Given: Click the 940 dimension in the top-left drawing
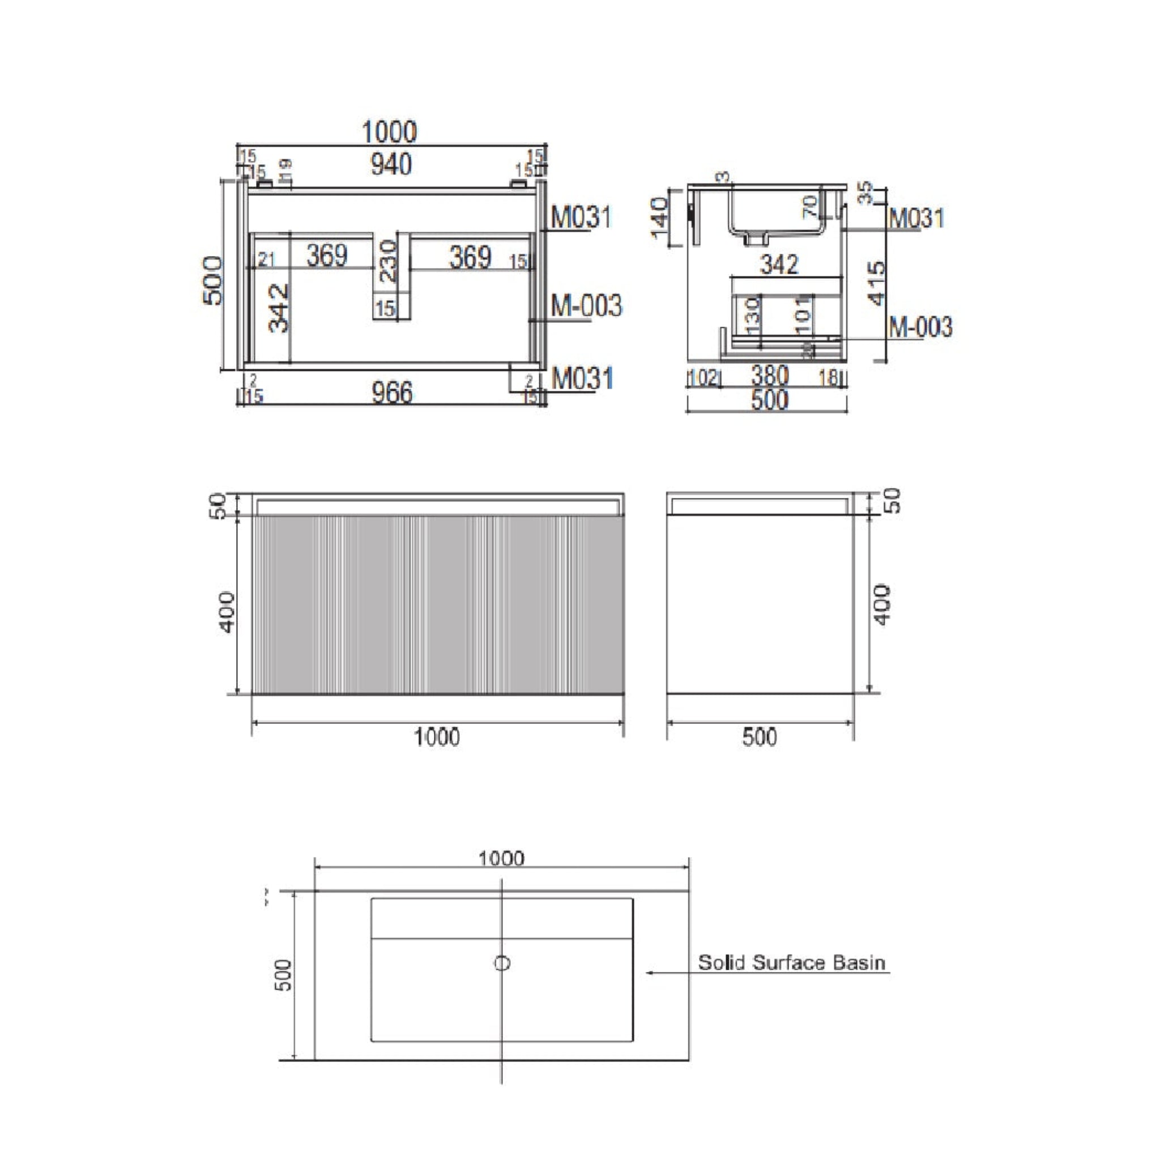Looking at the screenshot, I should click(391, 164).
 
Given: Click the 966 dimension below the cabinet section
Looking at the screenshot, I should click(392, 393).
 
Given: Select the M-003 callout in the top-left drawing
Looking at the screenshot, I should click(586, 306).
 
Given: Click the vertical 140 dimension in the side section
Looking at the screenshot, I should click(660, 217).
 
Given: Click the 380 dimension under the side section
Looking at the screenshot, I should click(769, 377).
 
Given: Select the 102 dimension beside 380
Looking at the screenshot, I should click(703, 378).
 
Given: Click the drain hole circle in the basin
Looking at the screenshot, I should click(502, 963).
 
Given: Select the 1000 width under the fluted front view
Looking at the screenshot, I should click(437, 737).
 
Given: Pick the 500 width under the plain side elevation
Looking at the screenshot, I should click(760, 737).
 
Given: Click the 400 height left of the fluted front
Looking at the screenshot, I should click(227, 611).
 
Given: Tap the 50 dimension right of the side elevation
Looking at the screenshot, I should click(893, 500).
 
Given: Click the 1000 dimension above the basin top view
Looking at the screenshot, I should click(501, 859).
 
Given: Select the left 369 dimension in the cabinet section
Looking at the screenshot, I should click(327, 256).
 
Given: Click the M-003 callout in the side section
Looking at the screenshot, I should click(920, 327).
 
